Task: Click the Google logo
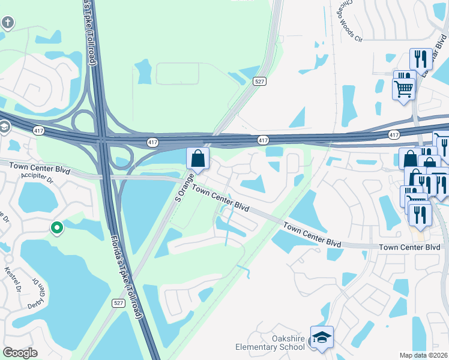tap(20, 353)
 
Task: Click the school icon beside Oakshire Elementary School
tap(322, 338)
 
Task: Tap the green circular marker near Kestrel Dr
tap(57, 227)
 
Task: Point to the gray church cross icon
tap(7, 23)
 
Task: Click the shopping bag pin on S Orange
tap(197, 160)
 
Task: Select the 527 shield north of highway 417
tap(259, 81)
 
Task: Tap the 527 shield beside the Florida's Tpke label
tap(119, 304)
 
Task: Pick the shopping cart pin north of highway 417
tap(403, 89)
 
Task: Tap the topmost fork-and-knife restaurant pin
tap(420, 59)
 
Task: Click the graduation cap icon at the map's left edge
tap(4, 127)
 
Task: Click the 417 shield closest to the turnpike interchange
tap(152, 142)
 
